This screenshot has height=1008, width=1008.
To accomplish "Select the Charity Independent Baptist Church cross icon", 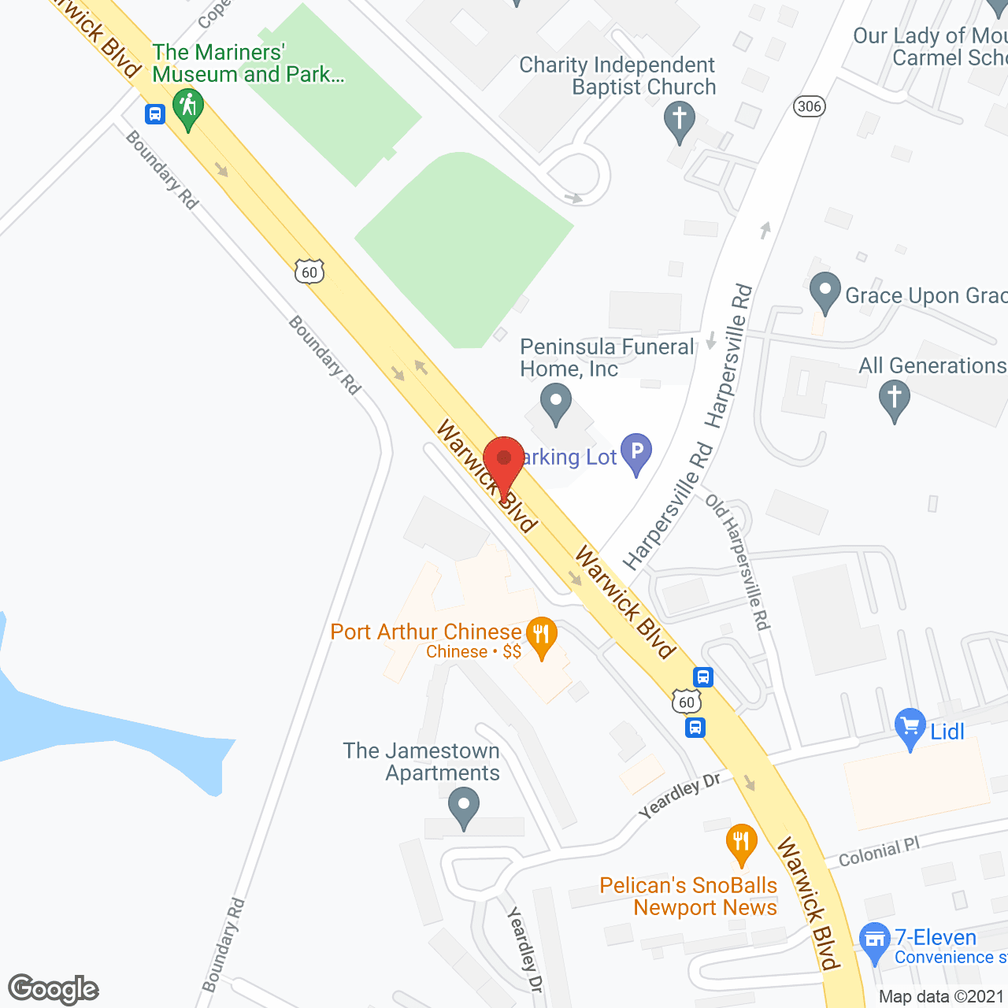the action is tap(679, 121).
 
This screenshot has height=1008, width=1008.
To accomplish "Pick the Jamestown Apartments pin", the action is tap(464, 806).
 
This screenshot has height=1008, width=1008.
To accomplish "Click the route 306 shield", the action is tap(809, 106).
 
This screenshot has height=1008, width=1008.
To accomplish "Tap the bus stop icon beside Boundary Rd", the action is tap(155, 114).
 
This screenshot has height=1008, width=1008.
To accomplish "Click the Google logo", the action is tap(54, 989).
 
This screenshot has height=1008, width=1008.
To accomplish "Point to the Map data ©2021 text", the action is tap(942, 996).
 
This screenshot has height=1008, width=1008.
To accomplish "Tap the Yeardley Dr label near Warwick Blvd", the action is tap(679, 795).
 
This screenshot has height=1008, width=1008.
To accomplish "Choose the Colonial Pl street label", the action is tap(879, 853).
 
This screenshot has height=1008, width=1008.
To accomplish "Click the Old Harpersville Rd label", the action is tap(737, 562).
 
